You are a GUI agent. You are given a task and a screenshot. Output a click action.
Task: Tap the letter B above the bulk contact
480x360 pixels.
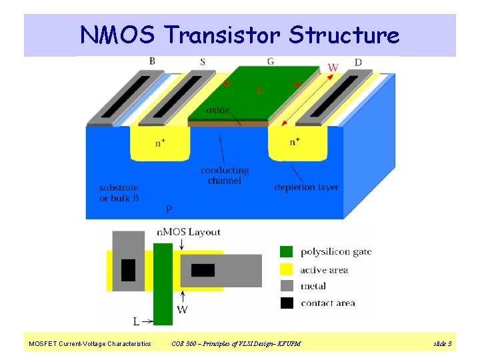(152, 61)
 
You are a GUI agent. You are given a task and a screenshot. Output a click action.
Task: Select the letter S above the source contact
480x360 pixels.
(202, 62)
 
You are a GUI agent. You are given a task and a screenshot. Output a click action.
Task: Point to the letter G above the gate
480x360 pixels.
(270, 61)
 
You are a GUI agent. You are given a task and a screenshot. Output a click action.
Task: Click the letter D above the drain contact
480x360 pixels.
(358, 62)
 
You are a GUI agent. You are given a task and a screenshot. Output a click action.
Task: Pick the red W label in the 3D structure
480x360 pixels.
(333, 67)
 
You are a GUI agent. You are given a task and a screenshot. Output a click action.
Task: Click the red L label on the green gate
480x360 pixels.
(259, 91)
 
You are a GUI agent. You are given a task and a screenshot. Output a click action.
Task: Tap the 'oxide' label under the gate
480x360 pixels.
(218, 110)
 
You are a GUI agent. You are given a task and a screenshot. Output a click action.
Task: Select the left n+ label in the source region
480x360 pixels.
(161, 142)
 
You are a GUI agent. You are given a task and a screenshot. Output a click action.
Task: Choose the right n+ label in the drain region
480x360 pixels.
(295, 142)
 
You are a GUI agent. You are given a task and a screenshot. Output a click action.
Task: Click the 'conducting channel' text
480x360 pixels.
(224, 175)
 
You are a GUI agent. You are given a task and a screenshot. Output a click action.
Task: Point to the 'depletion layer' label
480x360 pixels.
(306, 187)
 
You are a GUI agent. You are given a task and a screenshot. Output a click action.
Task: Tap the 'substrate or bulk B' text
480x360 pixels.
(118, 193)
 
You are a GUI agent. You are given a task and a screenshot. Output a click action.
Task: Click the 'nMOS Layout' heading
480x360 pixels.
(188, 232)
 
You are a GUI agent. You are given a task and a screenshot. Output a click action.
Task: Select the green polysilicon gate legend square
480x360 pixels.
(286, 251)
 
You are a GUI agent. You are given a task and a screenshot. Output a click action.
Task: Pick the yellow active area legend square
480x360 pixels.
(286, 269)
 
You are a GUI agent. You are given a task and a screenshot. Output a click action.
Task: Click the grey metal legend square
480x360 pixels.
(286, 286)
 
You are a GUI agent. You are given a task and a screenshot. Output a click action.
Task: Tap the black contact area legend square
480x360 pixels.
(286, 303)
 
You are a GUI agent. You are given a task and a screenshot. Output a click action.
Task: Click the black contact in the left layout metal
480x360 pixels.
(128, 269)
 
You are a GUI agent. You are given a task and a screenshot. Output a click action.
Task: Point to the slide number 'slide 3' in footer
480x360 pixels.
(442, 343)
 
